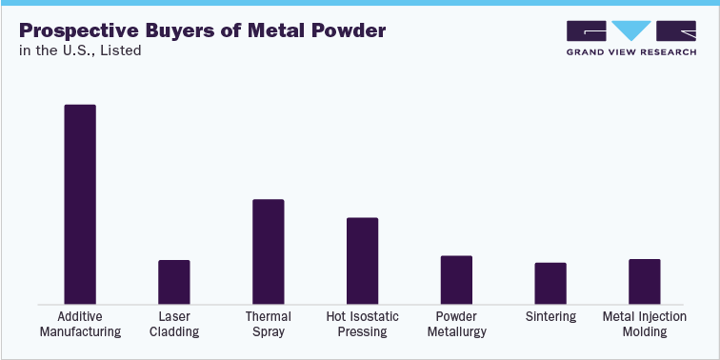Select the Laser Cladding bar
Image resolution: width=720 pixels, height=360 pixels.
point(174,281)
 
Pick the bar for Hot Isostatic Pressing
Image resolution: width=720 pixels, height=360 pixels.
point(362,260)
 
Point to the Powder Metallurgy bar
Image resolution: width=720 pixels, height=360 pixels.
point(456,279)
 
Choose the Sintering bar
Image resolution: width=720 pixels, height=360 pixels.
point(550,282)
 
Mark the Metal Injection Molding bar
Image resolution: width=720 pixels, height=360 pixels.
point(645,281)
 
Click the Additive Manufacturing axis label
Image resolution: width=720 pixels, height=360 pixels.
point(89,324)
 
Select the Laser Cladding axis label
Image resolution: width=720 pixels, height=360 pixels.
point(174,324)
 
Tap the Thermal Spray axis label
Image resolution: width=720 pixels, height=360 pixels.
point(269,324)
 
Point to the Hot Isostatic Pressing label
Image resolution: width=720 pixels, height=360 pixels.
point(362,324)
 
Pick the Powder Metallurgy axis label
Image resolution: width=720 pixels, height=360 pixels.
point(456,324)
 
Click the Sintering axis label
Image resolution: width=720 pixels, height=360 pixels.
point(550,316)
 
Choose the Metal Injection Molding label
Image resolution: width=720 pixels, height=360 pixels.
point(645,324)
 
